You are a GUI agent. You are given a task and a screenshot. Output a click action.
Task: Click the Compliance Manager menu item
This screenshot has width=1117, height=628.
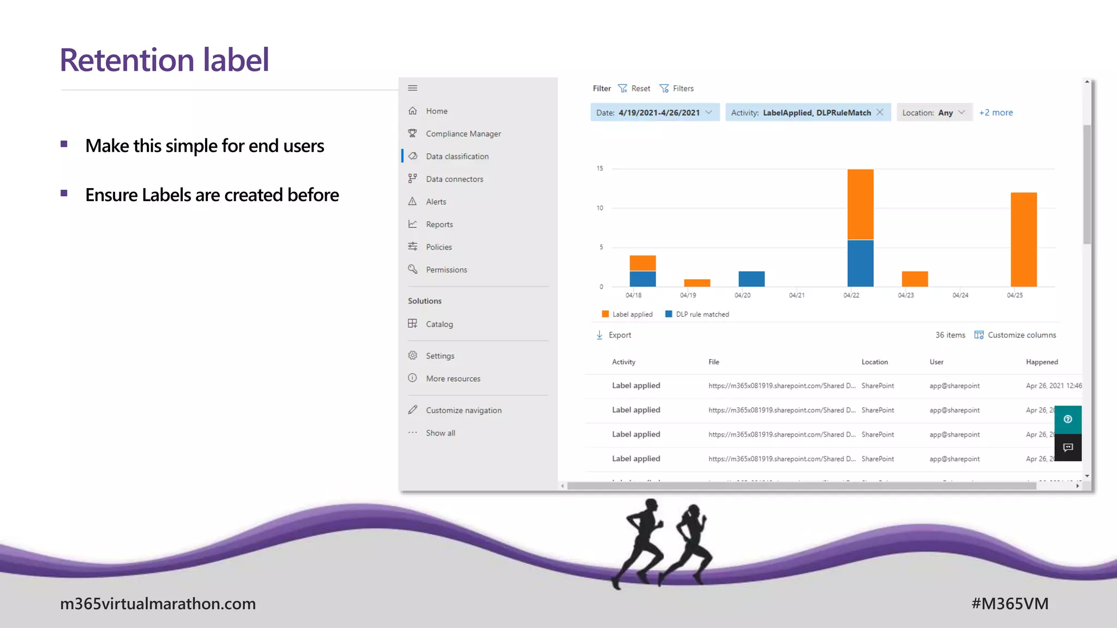(463, 134)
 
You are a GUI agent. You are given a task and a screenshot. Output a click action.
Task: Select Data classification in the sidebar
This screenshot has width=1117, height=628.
(457, 156)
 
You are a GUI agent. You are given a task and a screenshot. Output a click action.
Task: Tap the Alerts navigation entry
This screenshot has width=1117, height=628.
(435, 202)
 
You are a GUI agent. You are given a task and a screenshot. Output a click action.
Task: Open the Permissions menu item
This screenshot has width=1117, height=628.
(446, 270)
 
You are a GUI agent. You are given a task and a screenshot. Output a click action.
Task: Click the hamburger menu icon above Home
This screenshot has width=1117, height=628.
(413, 88)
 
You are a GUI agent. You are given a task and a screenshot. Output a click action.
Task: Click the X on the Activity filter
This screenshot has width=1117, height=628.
(880, 112)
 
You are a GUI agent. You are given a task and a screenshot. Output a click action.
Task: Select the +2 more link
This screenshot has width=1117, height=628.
(995, 113)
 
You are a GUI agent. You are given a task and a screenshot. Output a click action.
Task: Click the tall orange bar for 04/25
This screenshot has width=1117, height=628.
(1023, 240)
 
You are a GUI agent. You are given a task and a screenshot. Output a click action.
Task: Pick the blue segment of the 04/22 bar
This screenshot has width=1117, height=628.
(860, 263)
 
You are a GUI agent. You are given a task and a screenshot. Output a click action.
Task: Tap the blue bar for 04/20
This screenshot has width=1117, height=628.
(751, 279)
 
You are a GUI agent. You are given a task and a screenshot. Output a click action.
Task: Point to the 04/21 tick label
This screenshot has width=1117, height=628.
(796, 295)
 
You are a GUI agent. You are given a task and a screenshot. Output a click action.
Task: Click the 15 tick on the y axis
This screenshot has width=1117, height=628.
(599, 168)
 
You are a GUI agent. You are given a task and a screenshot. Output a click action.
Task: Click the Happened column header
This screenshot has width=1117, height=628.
(1041, 362)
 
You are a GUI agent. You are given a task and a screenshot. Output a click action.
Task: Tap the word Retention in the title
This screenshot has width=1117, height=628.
(127, 60)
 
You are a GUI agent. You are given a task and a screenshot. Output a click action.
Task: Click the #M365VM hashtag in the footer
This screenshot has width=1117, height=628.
(1010, 604)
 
